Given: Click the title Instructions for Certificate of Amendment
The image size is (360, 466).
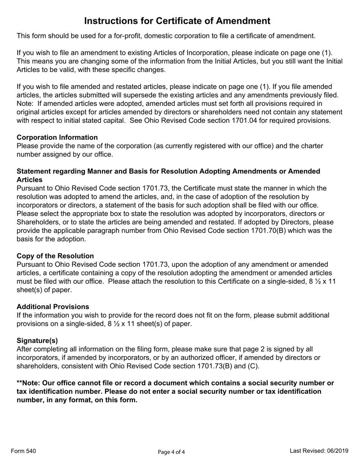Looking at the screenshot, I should point(177,21).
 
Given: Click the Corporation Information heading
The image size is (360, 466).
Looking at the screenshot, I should point(57,138).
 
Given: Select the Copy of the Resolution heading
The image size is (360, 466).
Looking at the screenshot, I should point(55,256).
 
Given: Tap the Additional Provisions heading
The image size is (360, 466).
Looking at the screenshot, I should point(53,307).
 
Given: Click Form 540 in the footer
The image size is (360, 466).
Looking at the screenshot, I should point(23,451).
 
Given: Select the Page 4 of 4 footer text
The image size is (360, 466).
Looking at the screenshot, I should point(171,452).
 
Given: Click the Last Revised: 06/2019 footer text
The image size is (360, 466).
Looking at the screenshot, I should point(319,451).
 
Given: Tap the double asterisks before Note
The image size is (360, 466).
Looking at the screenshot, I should point(20,383).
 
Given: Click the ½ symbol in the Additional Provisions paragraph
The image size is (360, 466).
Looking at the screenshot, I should point(111,324).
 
